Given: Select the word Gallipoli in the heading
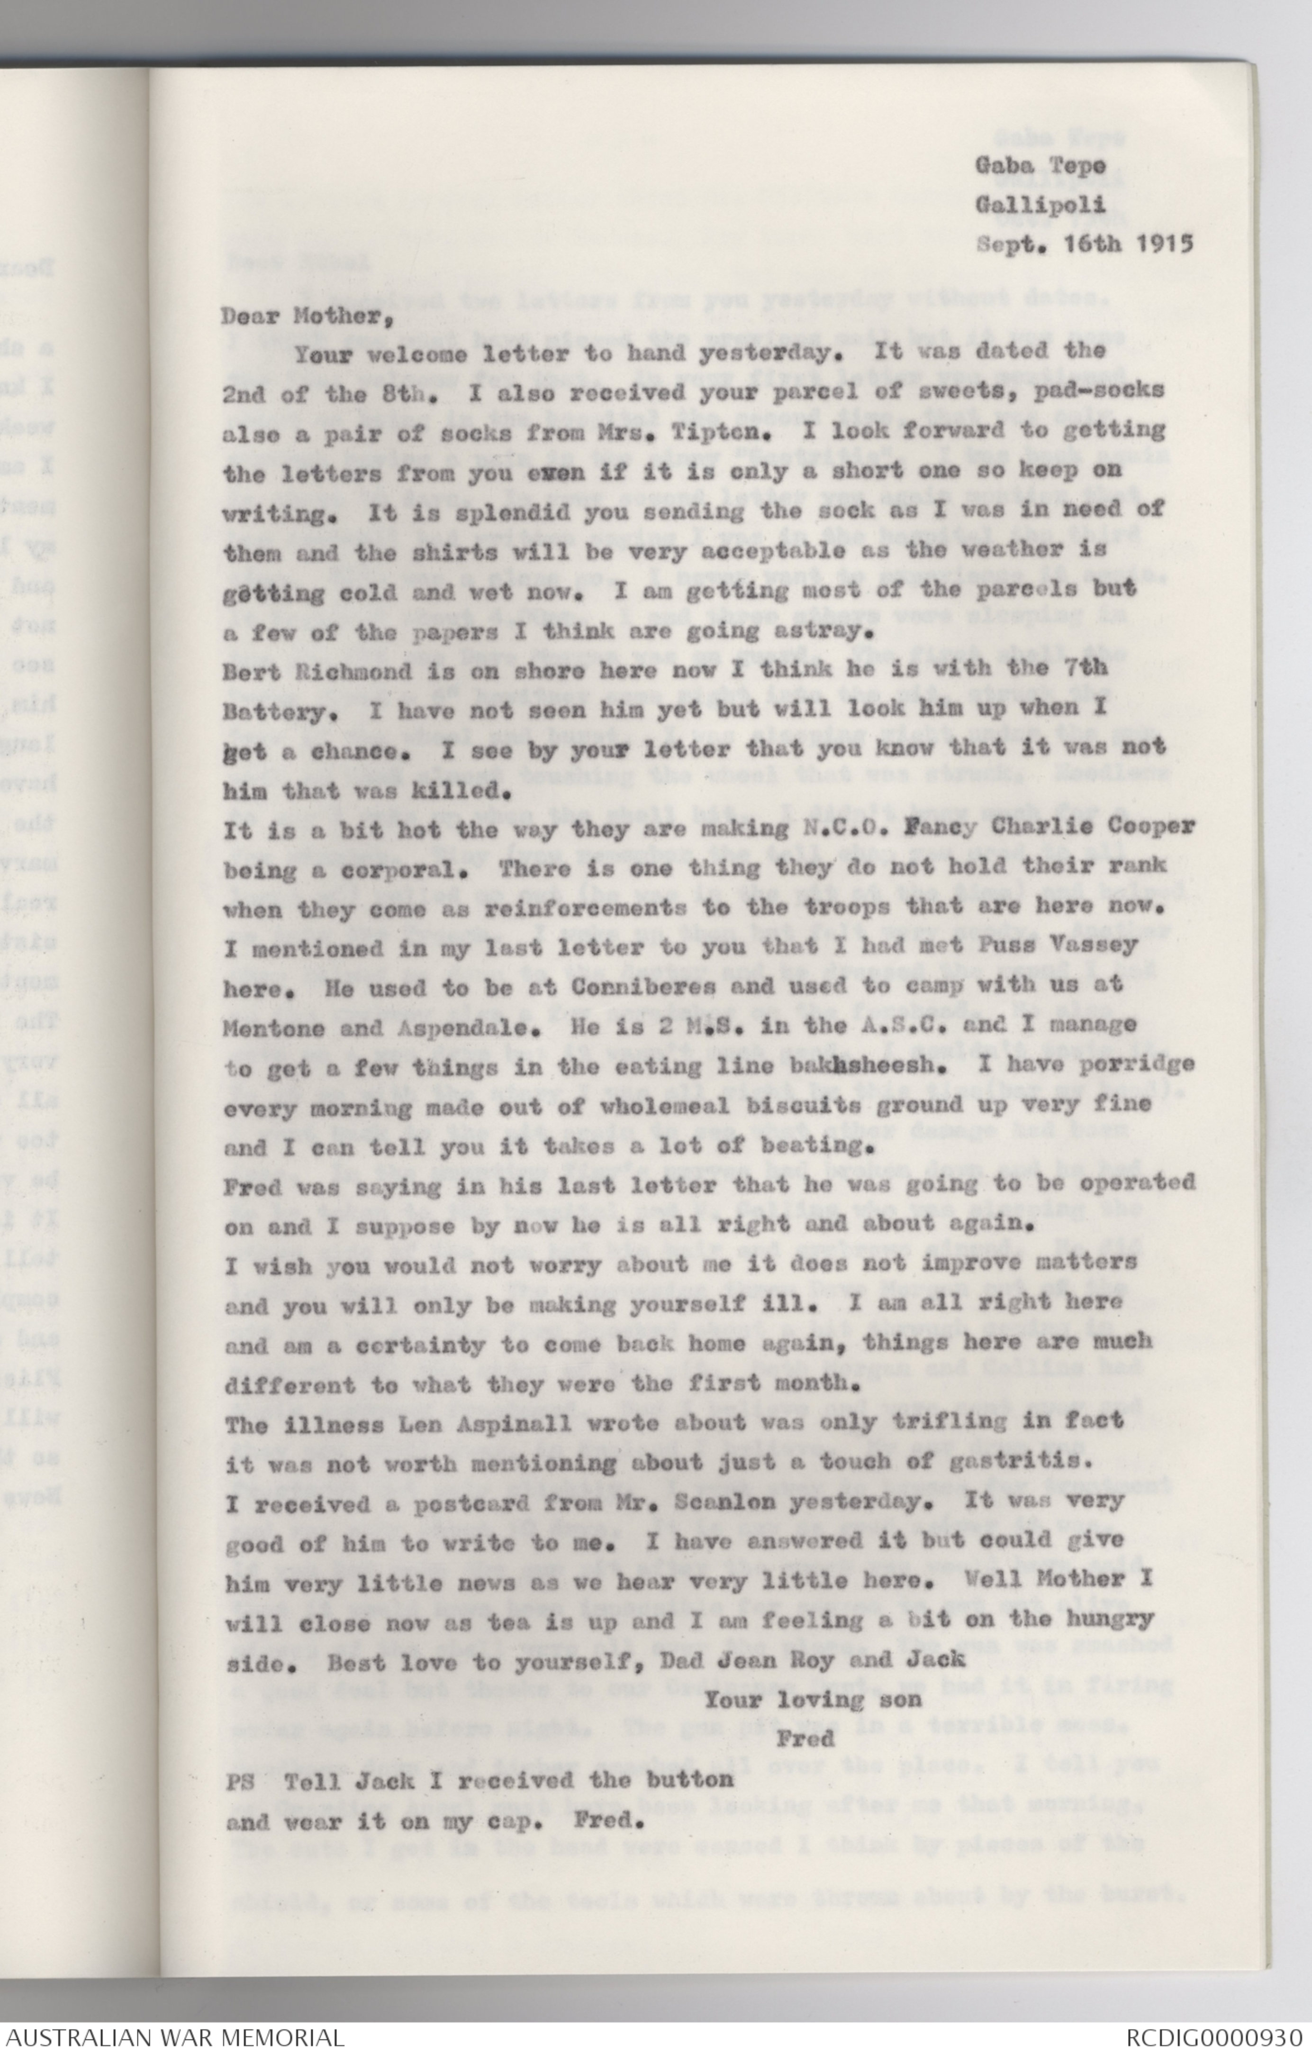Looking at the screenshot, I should coord(1041,205).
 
